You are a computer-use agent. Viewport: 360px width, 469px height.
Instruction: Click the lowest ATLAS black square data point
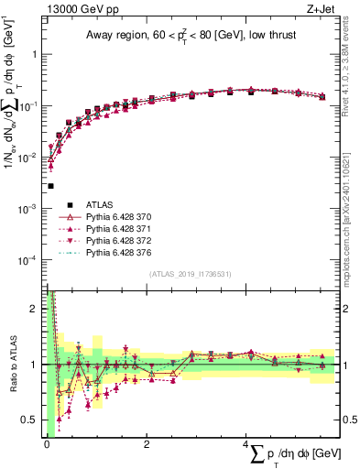point(50,186)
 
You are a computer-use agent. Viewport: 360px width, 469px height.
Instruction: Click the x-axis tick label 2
point(147,443)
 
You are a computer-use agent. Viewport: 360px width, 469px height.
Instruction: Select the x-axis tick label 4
point(246,443)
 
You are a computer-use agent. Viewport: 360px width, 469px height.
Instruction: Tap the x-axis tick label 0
point(47,443)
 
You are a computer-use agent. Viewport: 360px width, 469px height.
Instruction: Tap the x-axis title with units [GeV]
point(289,455)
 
